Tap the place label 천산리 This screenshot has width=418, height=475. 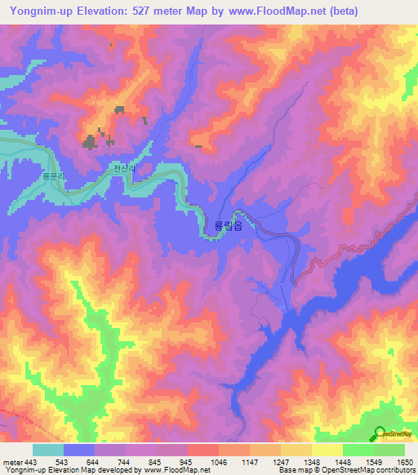(x=122, y=169)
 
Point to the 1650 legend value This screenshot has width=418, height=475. (x=405, y=462)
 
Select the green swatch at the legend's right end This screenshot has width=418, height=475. (x=389, y=450)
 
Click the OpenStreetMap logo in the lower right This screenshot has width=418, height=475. (x=392, y=435)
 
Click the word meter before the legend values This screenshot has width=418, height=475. (x=14, y=462)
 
